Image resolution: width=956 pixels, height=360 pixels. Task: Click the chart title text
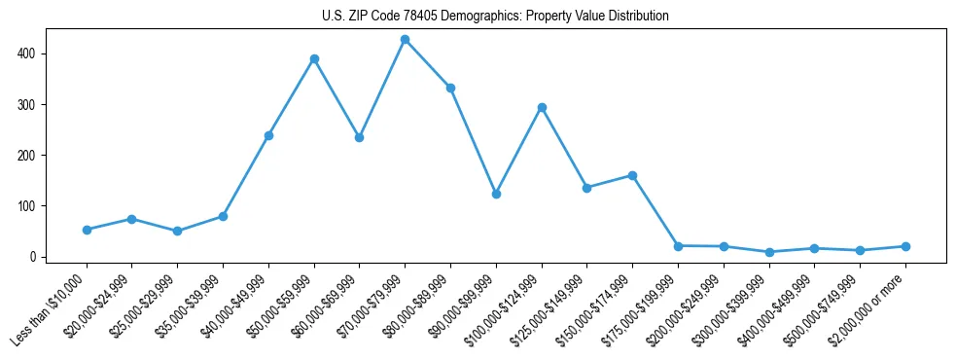[495, 17]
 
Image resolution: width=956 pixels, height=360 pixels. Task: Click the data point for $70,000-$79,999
[405, 40]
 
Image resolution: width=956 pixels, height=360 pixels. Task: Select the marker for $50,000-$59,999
[314, 58]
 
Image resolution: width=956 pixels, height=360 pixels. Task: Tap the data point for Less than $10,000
[87, 230]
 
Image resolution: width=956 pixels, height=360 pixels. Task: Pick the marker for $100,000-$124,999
[542, 107]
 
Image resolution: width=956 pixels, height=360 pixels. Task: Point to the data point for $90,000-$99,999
[496, 194]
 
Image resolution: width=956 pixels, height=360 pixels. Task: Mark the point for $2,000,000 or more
[905, 246]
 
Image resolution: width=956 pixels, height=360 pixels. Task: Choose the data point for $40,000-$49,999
[268, 135]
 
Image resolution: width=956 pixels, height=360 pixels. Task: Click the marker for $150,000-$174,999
[632, 175]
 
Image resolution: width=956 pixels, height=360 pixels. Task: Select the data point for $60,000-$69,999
[359, 137]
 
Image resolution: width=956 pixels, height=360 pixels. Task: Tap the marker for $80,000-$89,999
[450, 88]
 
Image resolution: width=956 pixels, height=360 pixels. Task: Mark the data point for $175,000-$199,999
[678, 246]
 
